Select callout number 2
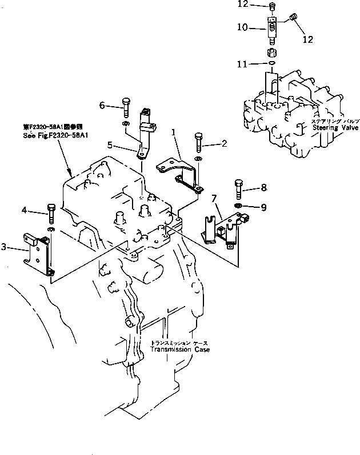click(x=224, y=144)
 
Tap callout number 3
click(x=4, y=247)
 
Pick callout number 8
click(x=263, y=186)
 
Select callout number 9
click(x=263, y=207)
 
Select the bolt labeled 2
click(x=198, y=141)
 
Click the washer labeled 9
click(x=238, y=205)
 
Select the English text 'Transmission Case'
click(x=179, y=349)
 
